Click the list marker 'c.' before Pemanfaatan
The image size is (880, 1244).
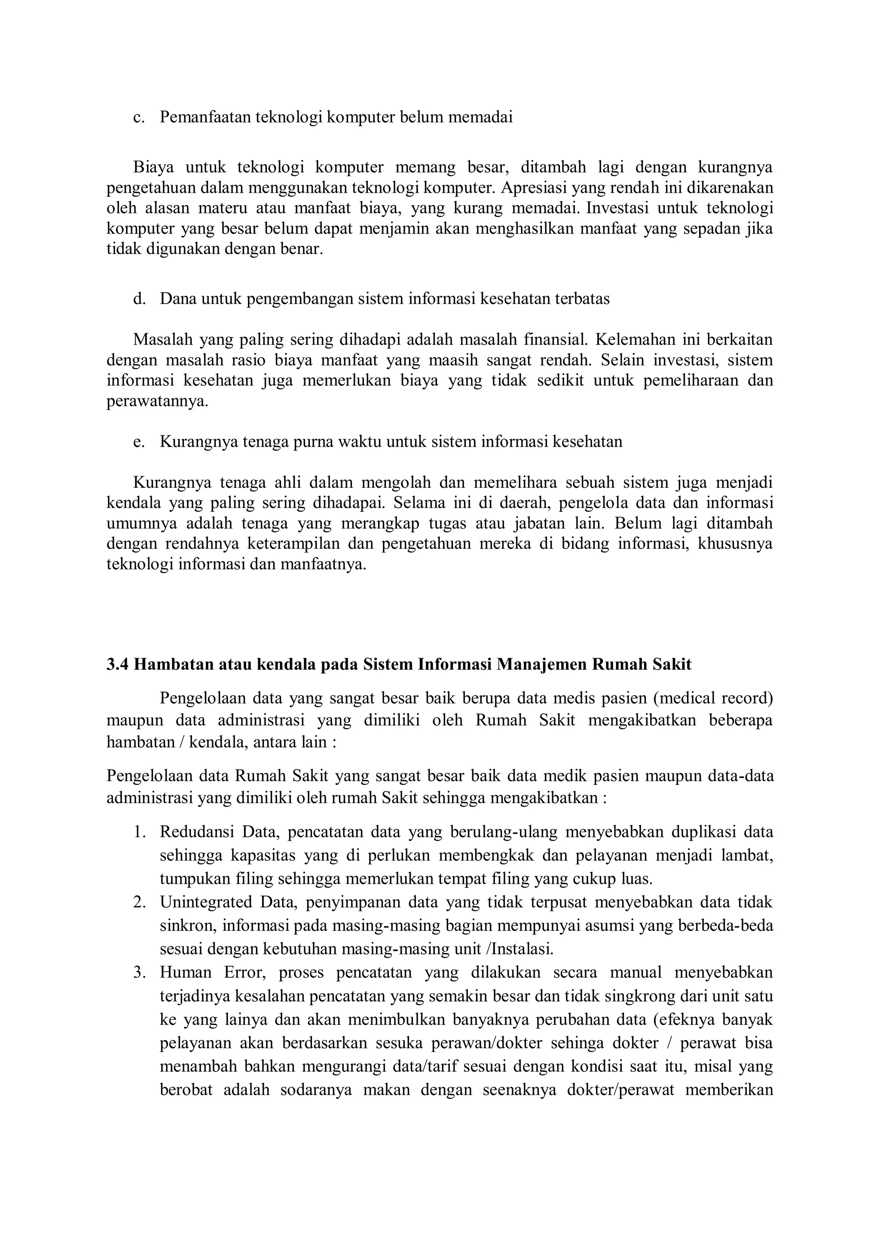tap(139, 118)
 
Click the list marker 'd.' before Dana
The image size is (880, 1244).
tap(139, 298)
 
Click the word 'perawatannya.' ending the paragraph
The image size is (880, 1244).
tap(157, 401)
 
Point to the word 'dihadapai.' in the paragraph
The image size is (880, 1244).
tap(348, 503)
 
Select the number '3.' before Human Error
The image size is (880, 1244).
tap(139, 973)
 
